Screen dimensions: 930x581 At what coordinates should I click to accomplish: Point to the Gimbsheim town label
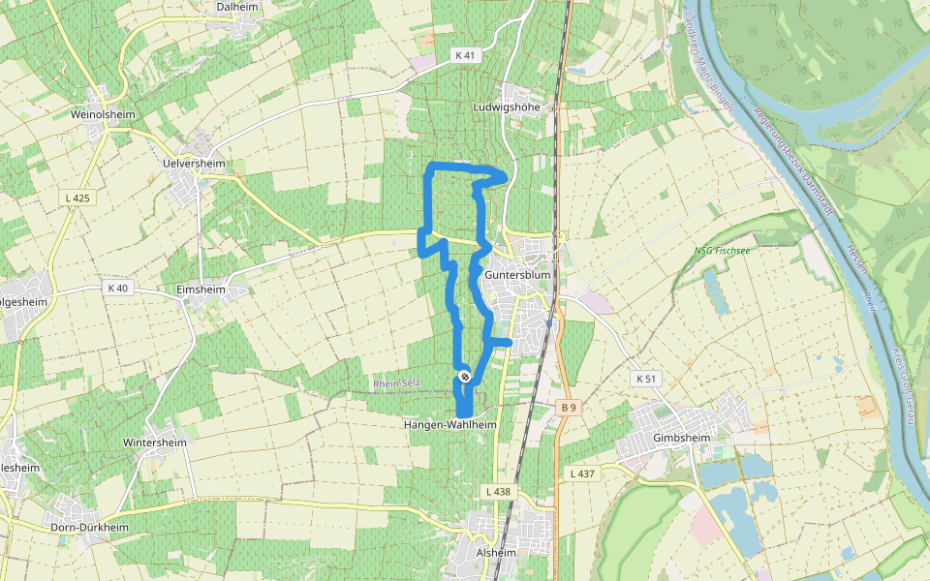tap(682, 438)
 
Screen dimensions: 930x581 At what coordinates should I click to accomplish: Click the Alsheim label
tap(497, 553)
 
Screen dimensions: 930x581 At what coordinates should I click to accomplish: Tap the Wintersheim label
tap(154, 443)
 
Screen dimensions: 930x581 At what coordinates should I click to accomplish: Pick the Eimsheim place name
tap(202, 289)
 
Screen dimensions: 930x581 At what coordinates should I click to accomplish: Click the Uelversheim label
tap(194, 165)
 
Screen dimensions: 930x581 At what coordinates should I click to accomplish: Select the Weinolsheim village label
tap(103, 114)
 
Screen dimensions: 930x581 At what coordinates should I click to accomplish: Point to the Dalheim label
tap(237, 6)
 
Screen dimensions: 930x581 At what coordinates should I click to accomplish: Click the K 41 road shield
tap(466, 55)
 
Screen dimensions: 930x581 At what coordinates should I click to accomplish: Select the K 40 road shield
tap(118, 288)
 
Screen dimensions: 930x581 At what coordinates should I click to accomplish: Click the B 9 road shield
tap(569, 408)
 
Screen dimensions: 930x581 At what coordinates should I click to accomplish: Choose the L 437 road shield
tap(582, 473)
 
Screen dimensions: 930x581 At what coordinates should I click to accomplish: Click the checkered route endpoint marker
tap(465, 376)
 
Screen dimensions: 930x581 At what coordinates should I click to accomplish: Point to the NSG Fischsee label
tap(722, 250)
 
